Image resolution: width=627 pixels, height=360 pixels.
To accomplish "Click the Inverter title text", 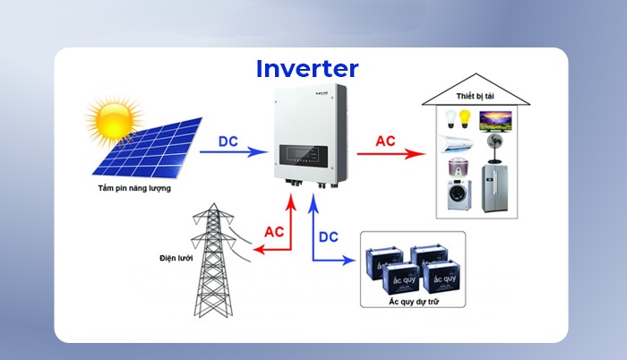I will coord(306,68).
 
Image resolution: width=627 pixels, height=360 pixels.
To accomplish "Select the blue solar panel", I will coord(148,149).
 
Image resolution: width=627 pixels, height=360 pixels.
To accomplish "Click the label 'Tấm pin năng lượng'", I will coord(134,189).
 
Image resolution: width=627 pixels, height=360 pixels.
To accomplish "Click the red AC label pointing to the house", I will coord(384,141).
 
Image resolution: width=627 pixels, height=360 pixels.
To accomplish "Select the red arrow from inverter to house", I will coord(389,154).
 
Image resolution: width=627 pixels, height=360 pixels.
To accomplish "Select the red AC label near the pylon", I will coord(274,231).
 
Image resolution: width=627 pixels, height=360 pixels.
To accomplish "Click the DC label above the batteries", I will coord(329,236).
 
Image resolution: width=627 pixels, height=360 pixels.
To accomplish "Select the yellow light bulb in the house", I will coord(466,118).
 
